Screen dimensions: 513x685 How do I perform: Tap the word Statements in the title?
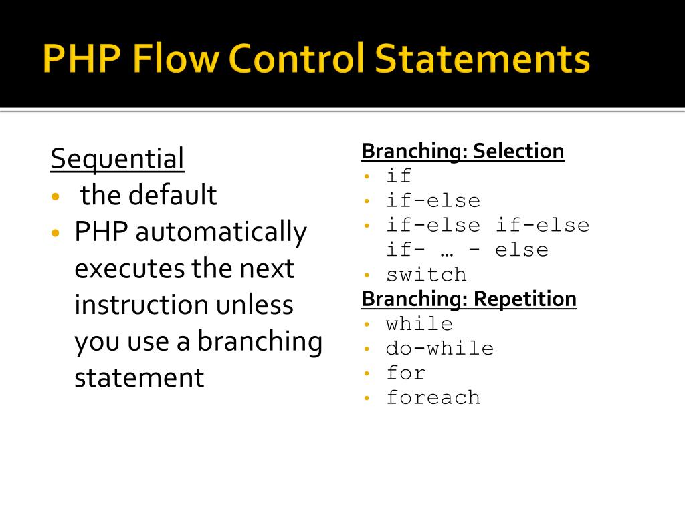tap(482, 59)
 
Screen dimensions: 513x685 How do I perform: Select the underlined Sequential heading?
tap(117, 160)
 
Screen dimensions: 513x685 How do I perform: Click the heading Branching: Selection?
tap(462, 151)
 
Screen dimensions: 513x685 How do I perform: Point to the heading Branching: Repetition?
tap(469, 299)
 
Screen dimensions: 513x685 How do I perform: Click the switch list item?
tap(426, 275)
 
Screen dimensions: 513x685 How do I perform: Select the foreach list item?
tap(433, 397)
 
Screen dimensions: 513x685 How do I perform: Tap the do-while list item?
tap(439, 348)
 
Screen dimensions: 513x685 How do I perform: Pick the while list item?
tap(419, 324)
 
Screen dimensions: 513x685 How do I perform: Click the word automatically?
tap(221, 232)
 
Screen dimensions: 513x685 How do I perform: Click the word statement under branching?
tap(139, 378)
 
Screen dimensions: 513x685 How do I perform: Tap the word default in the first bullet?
tap(173, 196)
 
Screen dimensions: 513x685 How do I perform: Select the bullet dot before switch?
tap(367, 275)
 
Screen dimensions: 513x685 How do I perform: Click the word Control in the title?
tap(296, 59)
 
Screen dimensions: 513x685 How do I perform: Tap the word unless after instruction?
tap(255, 305)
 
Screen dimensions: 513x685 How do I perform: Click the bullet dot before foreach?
tap(367, 397)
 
